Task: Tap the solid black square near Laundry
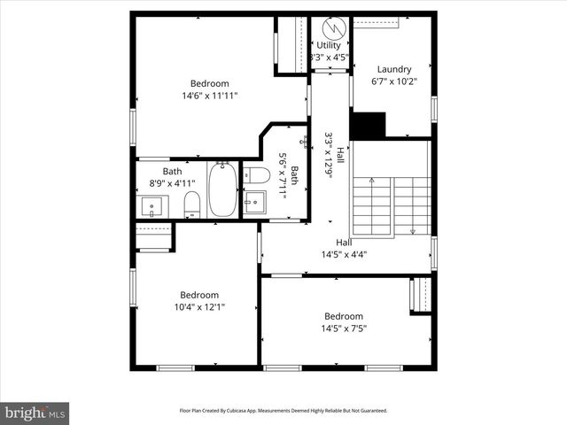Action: tap(368, 125)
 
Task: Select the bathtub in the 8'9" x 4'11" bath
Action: tap(221, 191)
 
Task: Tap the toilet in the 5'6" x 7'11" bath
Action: tap(256, 174)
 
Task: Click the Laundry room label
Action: tap(394, 69)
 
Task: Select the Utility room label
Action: tap(329, 45)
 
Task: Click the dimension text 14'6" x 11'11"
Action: tap(210, 96)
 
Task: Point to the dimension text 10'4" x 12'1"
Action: tap(199, 307)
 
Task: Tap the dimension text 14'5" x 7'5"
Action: tap(344, 328)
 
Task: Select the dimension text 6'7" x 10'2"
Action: tap(394, 81)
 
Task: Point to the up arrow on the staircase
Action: tap(372, 182)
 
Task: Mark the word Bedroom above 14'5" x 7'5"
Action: tap(344, 316)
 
